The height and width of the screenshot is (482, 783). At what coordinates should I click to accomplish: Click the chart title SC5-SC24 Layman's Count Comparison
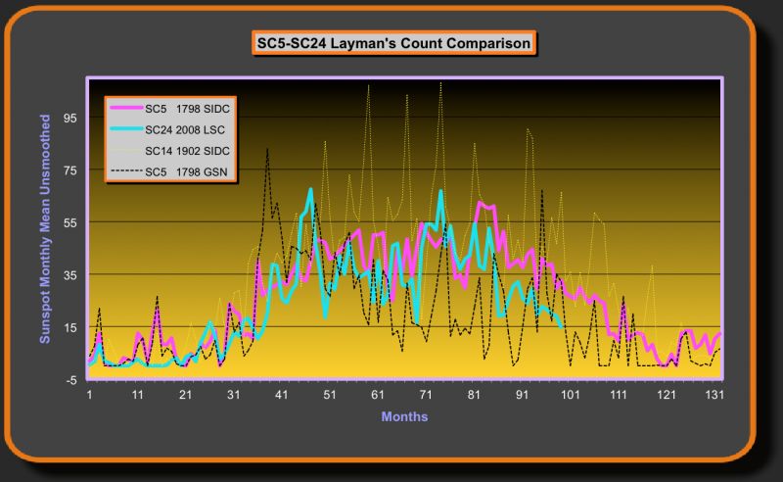click(x=391, y=44)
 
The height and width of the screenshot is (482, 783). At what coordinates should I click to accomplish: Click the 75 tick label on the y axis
click(x=71, y=169)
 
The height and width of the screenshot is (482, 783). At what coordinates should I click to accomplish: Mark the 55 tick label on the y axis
click(x=71, y=222)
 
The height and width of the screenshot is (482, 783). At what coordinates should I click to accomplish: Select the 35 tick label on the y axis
click(x=71, y=274)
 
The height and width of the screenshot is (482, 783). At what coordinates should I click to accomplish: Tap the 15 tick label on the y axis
click(x=71, y=327)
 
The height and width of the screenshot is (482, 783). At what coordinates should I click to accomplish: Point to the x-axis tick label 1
click(x=89, y=395)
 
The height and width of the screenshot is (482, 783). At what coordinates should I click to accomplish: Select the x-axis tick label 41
click(x=281, y=395)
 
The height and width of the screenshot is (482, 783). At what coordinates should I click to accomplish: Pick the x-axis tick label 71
click(x=426, y=395)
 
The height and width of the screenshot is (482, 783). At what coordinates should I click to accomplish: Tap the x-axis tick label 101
click(x=570, y=395)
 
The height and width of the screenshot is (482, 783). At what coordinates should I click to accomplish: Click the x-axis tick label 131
click(x=714, y=395)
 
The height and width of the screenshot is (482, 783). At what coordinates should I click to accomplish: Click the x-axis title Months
click(x=404, y=416)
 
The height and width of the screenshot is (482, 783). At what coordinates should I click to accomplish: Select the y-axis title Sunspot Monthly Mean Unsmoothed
click(x=45, y=228)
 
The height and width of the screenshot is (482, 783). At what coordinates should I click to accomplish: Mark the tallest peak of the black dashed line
click(x=267, y=149)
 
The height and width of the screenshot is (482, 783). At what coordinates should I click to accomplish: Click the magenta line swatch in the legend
click(x=125, y=107)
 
